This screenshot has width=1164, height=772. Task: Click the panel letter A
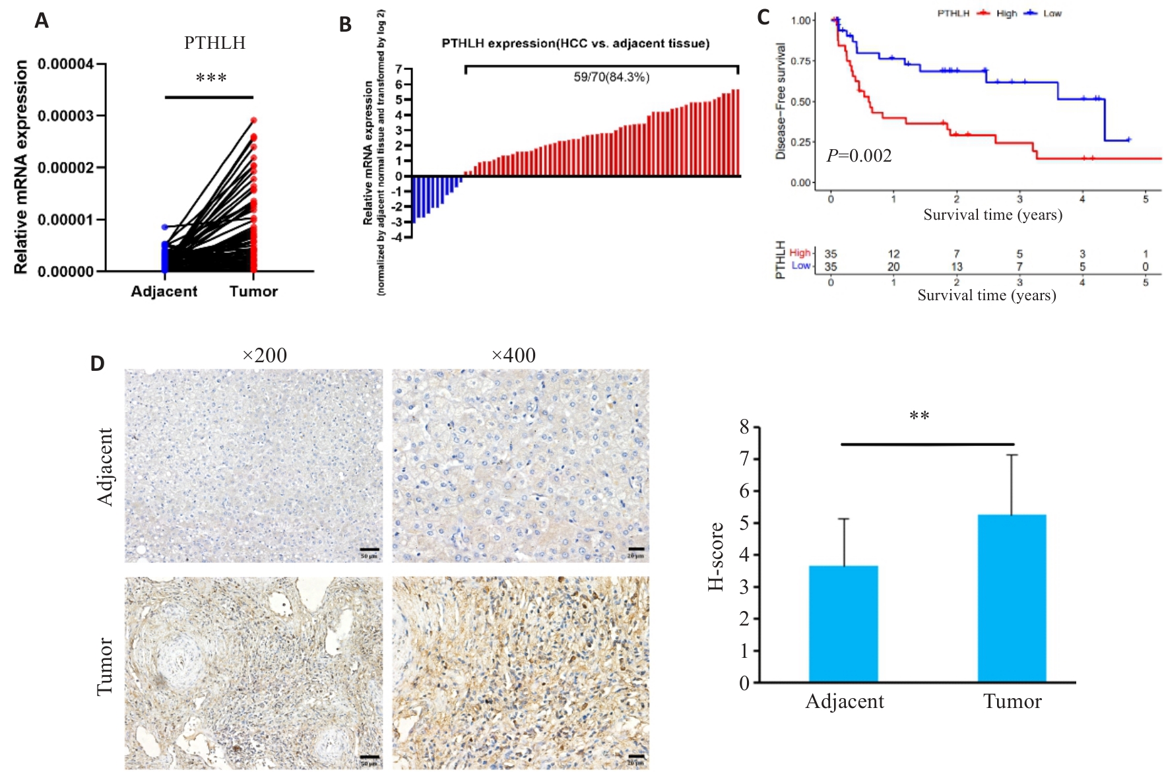[x=42, y=21]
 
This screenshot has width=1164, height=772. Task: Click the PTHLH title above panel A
[x=214, y=43]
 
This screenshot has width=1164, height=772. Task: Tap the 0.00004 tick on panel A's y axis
[x=65, y=65]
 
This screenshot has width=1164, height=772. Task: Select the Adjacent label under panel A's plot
[x=164, y=292]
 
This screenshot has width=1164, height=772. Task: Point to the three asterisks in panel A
[x=211, y=79]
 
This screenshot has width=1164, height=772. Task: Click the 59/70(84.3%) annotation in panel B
[x=611, y=77]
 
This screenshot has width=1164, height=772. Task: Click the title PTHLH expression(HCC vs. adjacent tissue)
[x=575, y=44]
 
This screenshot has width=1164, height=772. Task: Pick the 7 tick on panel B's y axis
[x=399, y=69]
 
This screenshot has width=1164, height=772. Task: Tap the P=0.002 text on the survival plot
[x=859, y=156]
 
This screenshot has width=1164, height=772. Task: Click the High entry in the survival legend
[x=1006, y=13]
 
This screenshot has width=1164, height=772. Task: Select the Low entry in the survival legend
[x=1052, y=13]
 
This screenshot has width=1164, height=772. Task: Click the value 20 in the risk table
[x=893, y=267]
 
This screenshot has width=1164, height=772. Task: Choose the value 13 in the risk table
[x=956, y=267]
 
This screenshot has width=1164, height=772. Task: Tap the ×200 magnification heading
[x=265, y=356]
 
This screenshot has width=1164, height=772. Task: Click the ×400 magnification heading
[x=513, y=356]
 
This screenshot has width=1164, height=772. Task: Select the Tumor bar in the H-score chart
[x=1012, y=598]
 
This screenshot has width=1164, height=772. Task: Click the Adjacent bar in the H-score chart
[x=843, y=624]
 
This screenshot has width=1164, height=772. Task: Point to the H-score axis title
[x=716, y=556]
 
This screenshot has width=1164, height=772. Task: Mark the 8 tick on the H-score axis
[x=744, y=428]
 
